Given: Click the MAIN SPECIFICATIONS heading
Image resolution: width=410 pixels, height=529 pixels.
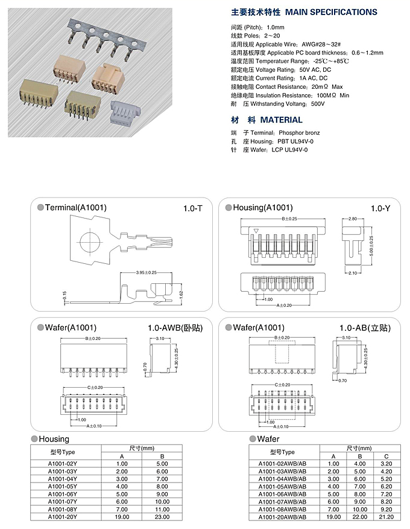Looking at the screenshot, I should pos(304,12).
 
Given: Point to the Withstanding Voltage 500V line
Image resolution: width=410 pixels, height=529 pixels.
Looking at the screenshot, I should pos(277,104).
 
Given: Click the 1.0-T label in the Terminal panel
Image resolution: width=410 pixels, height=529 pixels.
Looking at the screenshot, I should pos(194,208).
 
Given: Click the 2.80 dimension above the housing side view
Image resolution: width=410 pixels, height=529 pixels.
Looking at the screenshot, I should pos(353,219).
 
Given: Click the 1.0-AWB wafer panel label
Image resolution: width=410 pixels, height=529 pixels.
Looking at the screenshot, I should pos(175,328).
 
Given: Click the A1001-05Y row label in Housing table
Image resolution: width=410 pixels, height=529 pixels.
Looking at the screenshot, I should pos(62,486).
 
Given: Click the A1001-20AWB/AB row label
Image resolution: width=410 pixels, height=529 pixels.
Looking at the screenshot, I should pos(282,517).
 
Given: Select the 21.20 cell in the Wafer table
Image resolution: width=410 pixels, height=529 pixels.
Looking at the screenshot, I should pos(386,517).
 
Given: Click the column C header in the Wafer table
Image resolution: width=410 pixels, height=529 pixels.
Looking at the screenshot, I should pos(386,456).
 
